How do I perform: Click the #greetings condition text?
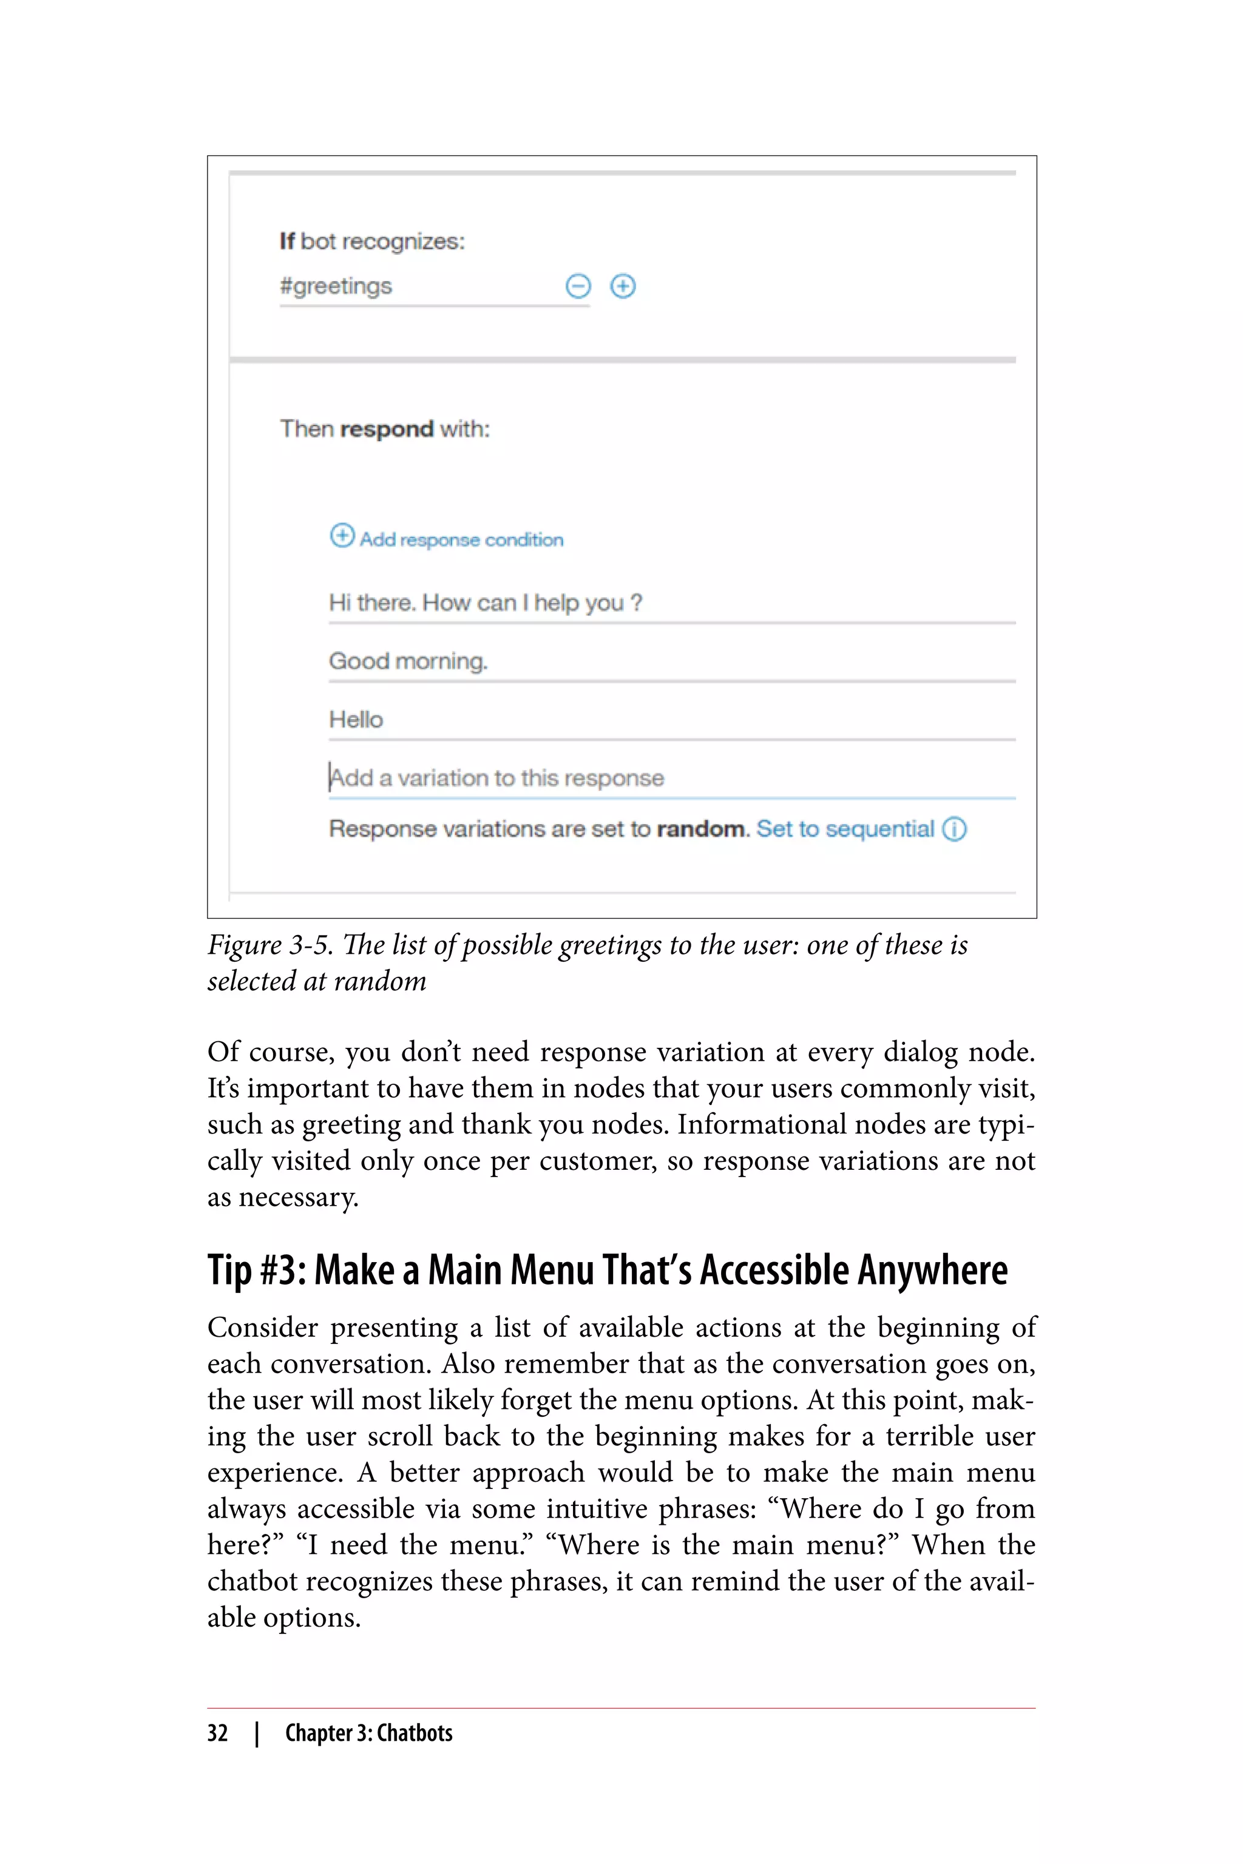[336, 286]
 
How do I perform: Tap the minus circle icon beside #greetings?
[578, 286]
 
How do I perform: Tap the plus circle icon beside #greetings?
[622, 286]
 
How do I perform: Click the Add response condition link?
[461, 539]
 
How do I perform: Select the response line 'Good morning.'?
[408, 661]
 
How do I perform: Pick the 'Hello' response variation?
[356, 720]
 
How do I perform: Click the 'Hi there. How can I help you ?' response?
[485, 603]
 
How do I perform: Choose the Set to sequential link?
[845, 829]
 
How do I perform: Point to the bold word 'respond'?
[386, 430]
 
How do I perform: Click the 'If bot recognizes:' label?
[372, 241]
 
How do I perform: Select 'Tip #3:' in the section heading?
[256, 1271]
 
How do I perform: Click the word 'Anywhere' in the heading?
[932, 1271]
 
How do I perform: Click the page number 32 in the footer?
[217, 1733]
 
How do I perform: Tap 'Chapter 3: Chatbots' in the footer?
[368, 1733]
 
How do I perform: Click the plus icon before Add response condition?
[342, 536]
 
